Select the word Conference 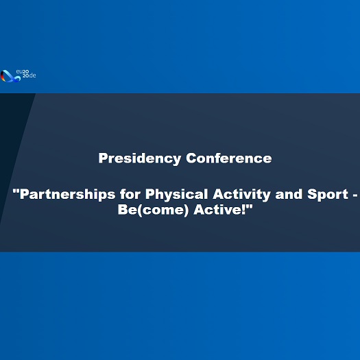[229, 158]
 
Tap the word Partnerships [67, 195]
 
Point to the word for [130, 194]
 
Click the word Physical [176, 195]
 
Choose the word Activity [241, 195]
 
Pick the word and [289, 194]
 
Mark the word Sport [328, 195]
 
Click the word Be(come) [153, 210]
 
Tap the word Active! [219, 209]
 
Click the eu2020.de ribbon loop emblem [10, 76]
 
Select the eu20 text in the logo [22, 71]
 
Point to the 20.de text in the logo [29, 75]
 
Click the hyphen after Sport [355, 195]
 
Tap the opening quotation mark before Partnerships [16, 191]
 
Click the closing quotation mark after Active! [250, 206]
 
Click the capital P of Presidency [103, 158]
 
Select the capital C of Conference [191, 158]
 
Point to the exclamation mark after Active [244, 209]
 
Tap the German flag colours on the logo [3, 77]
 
